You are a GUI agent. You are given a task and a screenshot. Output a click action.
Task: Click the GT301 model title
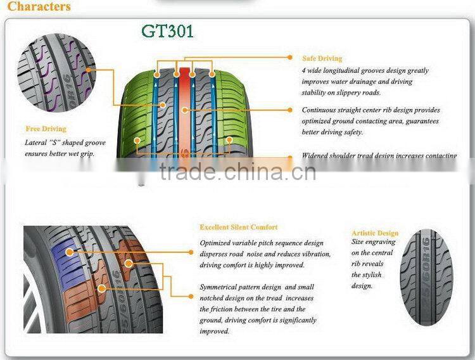pos(167,31)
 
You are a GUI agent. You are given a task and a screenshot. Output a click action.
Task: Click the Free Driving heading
pos(46,129)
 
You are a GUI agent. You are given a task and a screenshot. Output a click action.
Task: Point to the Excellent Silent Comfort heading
pos(238,227)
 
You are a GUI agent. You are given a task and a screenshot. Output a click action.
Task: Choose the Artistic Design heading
pos(375,233)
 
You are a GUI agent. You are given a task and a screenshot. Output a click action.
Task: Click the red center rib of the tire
pos(184,108)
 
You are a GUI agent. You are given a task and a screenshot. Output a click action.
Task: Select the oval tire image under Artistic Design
pos(427,278)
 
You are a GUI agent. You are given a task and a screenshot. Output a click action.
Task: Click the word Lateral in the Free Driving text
pos(36,143)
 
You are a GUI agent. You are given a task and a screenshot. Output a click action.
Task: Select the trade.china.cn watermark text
pos(237,172)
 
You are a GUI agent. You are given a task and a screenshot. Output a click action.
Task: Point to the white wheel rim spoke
pos(32,311)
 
